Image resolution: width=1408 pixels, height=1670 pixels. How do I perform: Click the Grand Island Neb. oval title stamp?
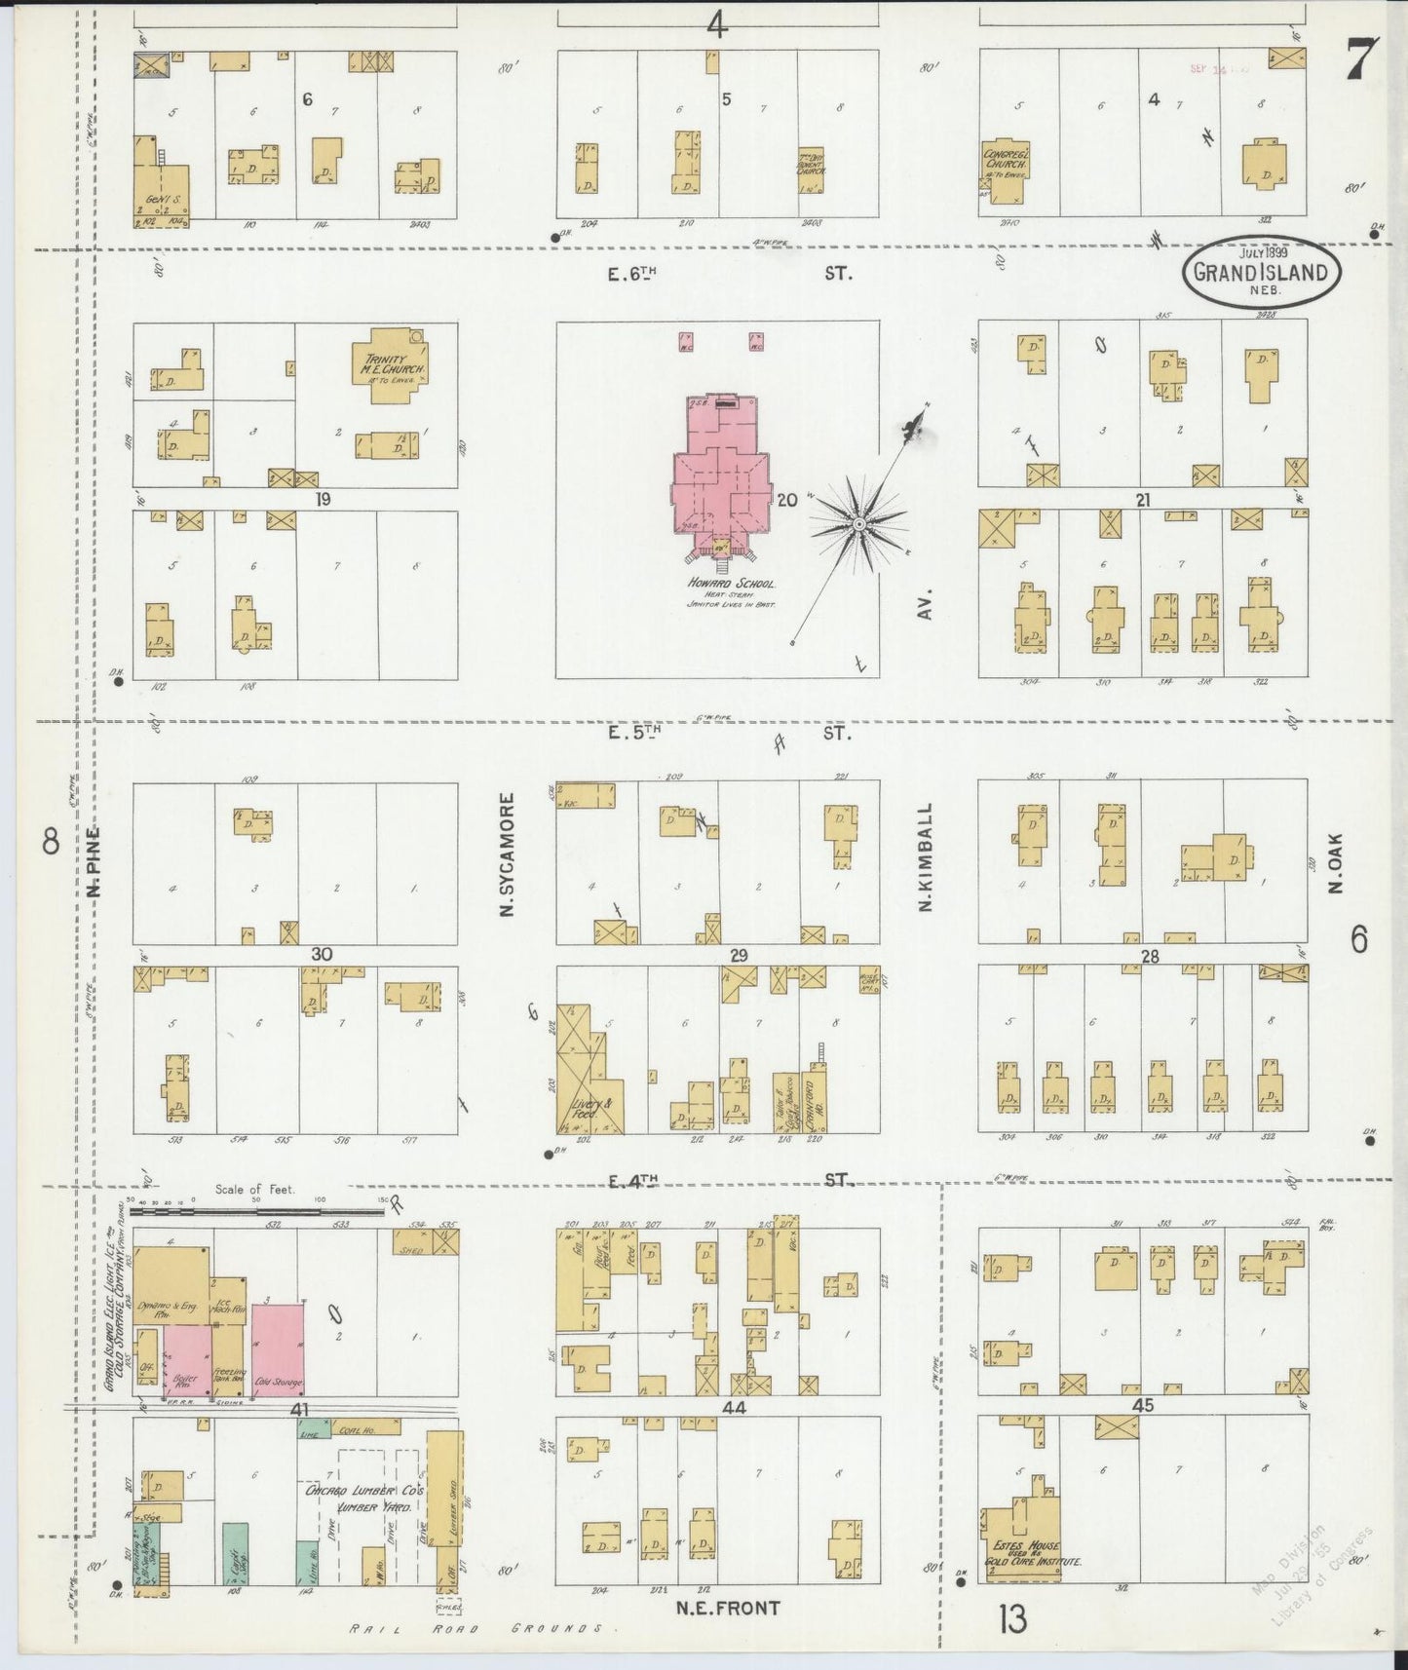pyautogui.click(x=1261, y=271)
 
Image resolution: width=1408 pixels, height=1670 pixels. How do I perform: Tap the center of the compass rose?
pyautogui.click(x=858, y=524)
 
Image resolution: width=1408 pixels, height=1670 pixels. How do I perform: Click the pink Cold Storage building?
pyautogui.click(x=278, y=1349)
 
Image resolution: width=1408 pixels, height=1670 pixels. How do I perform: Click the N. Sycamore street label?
pyautogui.click(x=507, y=854)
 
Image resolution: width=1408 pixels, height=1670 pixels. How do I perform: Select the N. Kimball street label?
pyautogui.click(x=927, y=857)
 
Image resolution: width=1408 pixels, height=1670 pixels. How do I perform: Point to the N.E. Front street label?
pyautogui.click(x=728, y=1608)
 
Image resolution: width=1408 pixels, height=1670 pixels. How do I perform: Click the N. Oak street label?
pyautogui.click(x=1335, y=862)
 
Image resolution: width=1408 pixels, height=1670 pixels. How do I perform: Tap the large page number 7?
pyautogui.click(x=1360, y=60)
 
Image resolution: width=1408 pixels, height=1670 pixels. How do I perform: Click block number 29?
pyautogui.click(x=738, y=956)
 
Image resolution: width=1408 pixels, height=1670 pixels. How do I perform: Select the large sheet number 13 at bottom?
pyautogui.click(x=1012, y=1619)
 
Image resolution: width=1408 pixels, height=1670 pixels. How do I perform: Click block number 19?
pyautogui.click(x=323, y=499)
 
